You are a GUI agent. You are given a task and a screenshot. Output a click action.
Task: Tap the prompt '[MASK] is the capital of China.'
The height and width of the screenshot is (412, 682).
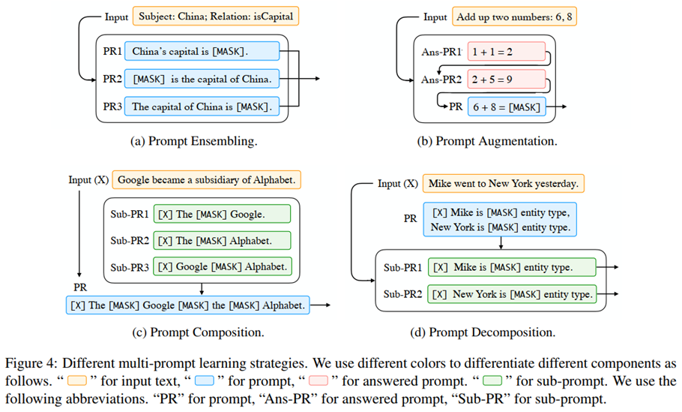point(202,78)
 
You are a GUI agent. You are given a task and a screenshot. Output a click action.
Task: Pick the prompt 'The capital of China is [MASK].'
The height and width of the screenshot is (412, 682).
point(202,107)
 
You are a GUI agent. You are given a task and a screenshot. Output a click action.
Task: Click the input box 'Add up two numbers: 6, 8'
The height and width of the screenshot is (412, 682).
point(513,17)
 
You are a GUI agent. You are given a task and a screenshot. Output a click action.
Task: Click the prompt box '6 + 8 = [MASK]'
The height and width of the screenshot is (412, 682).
point(506,107)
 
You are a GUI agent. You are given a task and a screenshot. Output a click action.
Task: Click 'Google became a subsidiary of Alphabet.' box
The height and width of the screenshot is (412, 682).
point(207,180)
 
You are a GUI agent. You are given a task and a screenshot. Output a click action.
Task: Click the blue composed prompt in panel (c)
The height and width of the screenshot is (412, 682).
point(187,305)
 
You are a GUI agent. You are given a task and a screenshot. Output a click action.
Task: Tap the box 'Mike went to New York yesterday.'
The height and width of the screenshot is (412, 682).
point(504,183)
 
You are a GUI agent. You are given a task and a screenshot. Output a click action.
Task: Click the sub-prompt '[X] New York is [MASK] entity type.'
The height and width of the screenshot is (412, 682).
point(513,293)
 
